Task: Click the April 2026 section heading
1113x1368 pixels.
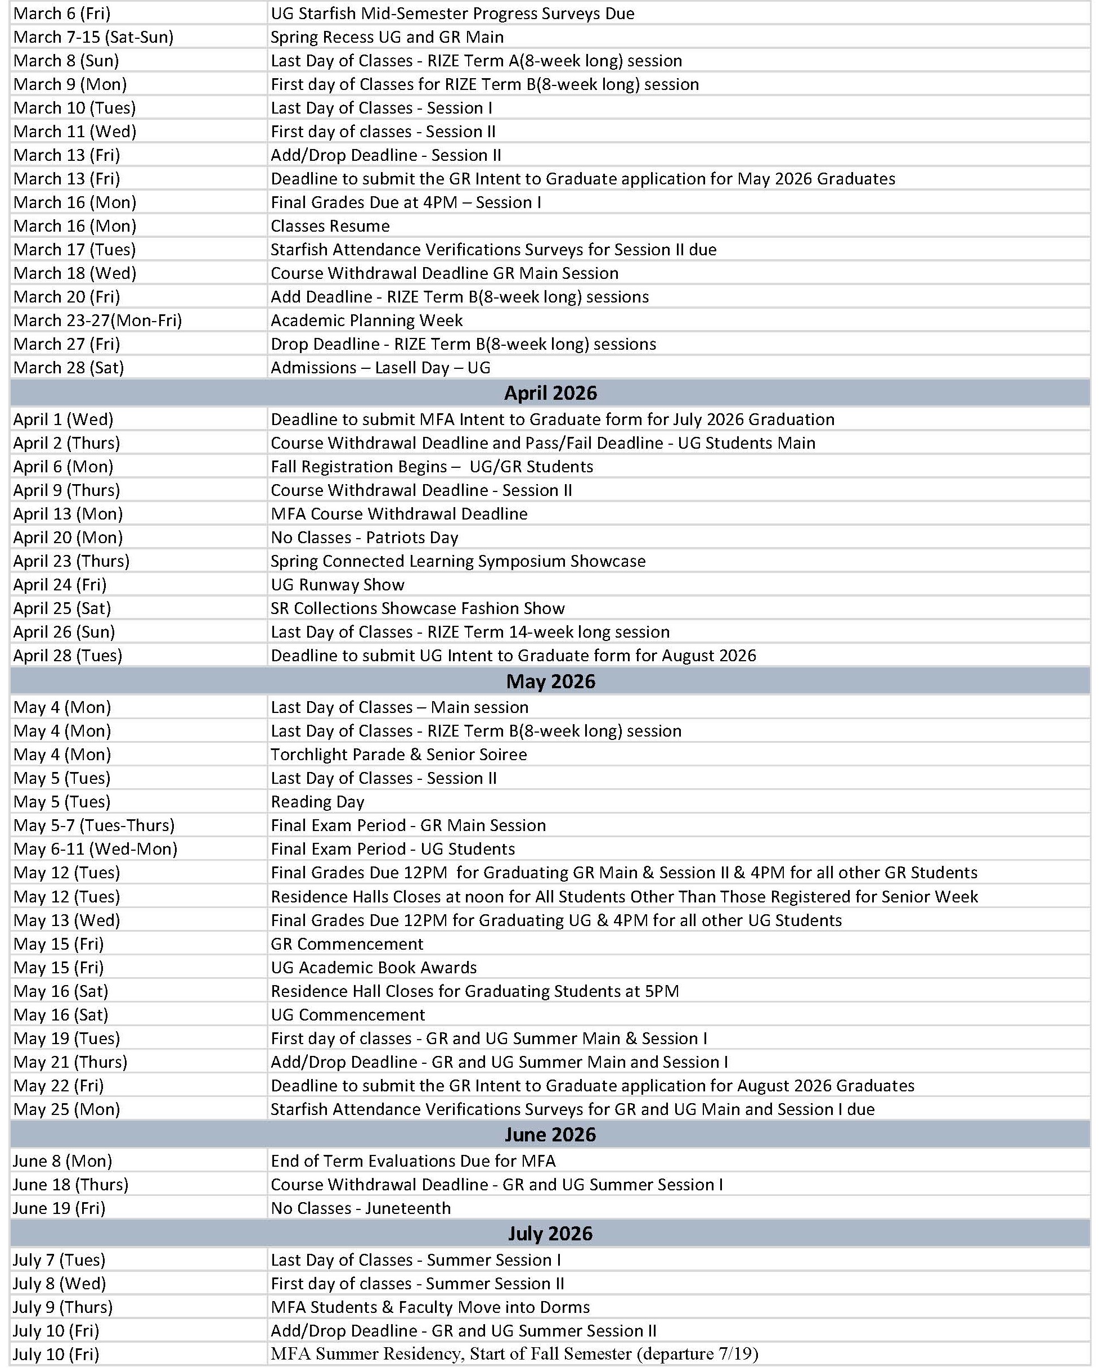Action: pyautogui.click(x=550, y=393)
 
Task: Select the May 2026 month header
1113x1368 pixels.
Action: pyautogui.click(x=550, y=681)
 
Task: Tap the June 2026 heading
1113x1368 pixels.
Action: pyautogui.click(x=550, y=1135)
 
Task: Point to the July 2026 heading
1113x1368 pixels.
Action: pyautogui.click(x=550, y=1234)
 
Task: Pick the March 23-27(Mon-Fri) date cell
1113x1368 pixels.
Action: pyautogui.click(x=97, y=320)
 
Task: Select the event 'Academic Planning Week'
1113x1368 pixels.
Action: pyautogui.click(x=366, y=320)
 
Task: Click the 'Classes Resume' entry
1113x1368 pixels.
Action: pyautogui.click(x=330, y=226)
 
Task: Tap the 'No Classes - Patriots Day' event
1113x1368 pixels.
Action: pyautogui.click(x=364, y=538)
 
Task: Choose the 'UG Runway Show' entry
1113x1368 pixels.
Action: pyautogui.click(x=337, y=585)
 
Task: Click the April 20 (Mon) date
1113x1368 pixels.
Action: pyautogui.click(x=68, y=538)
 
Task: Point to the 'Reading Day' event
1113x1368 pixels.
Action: pyautogui.click(x=317, y=802)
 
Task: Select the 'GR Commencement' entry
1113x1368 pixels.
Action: pyautogui.click(x=347, y=945)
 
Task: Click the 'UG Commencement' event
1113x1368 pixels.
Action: pyautogui.click(x=348, y=1015)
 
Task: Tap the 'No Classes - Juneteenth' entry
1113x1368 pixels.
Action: pyautogui.click(x=360, y=1208)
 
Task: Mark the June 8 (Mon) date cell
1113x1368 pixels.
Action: pyautogui.click(x=63, y=1161)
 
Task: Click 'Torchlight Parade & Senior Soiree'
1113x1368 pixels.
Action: pyautogui.click(x=398, y=755)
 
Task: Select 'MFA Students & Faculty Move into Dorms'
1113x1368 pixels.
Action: pyautogui.click(x=429, y=1307)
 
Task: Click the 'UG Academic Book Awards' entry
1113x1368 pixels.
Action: pyautogui.click(x=374, y=968)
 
